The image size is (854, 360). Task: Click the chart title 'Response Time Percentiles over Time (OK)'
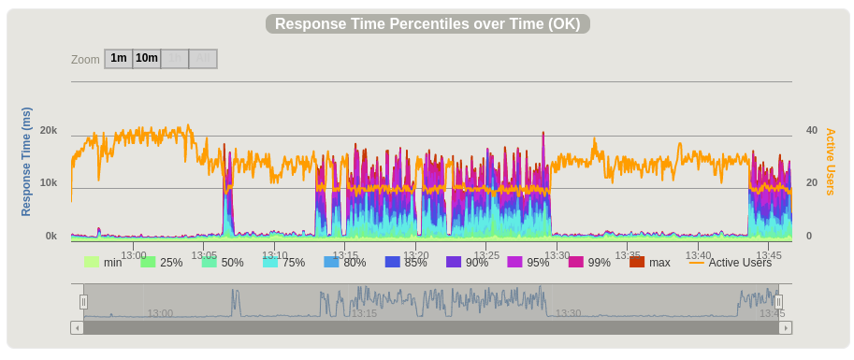tap(427, 24)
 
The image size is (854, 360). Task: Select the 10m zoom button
tap(147, 59)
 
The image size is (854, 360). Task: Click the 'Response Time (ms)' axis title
tap(26, 162)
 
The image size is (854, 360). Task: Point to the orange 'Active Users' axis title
tap(830, 162)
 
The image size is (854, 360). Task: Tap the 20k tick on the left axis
tap(49, 131)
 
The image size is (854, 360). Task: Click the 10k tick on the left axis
tap(49, 183)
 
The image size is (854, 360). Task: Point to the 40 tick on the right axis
tap(811, 131)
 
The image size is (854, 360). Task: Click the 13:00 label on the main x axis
tap(134, 255)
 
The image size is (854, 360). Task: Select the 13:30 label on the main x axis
tap(557, 255)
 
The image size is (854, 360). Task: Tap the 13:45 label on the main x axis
tap(769, 255)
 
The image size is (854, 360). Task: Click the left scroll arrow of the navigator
tap(77, 327)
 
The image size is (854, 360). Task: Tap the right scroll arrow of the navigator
tap(786, 327)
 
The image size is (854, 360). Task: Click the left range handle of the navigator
tap(83, 302)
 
